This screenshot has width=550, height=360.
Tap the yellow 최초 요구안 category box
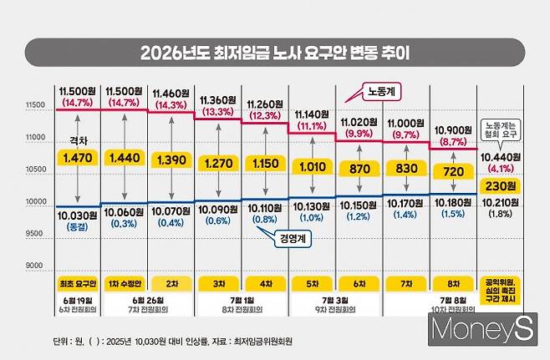pos(78,284)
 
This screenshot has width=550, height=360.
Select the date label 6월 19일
pos(78,299)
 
